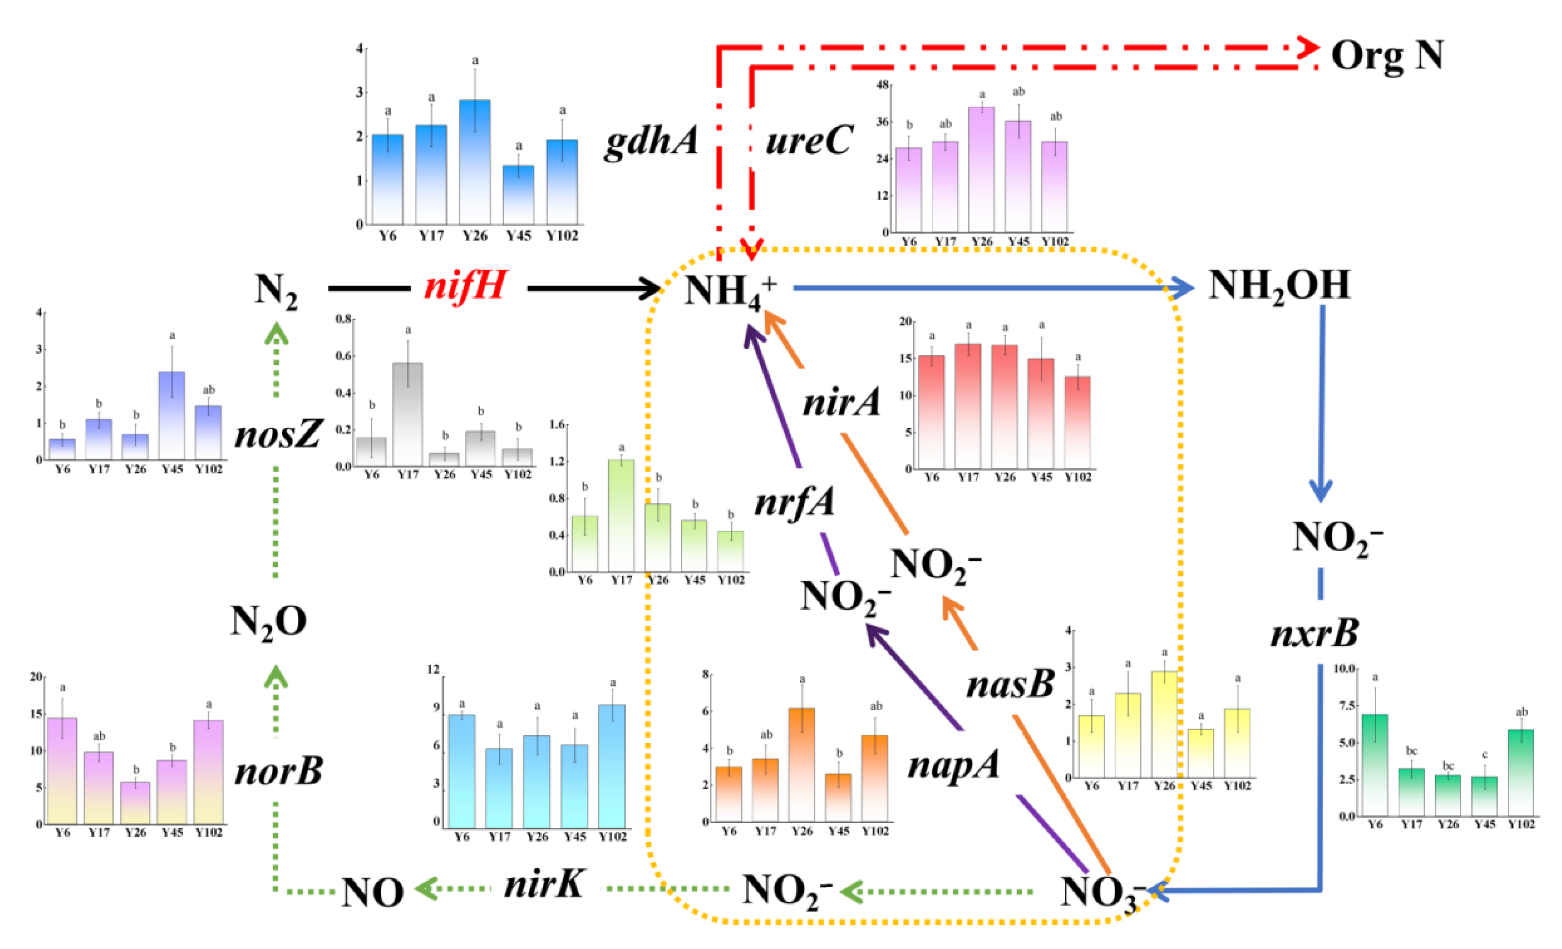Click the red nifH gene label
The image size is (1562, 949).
[x=466, y=287]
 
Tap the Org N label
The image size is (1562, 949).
[x=1387, y=56]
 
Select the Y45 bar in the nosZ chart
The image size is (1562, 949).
[x=172, y=415]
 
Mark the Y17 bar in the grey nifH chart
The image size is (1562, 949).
[x=408, y=414]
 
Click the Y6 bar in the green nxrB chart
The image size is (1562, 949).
[x=1374, y=765]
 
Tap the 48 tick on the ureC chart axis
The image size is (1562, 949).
[x=883, y=85]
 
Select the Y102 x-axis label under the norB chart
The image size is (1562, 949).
[x=208, y=832]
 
